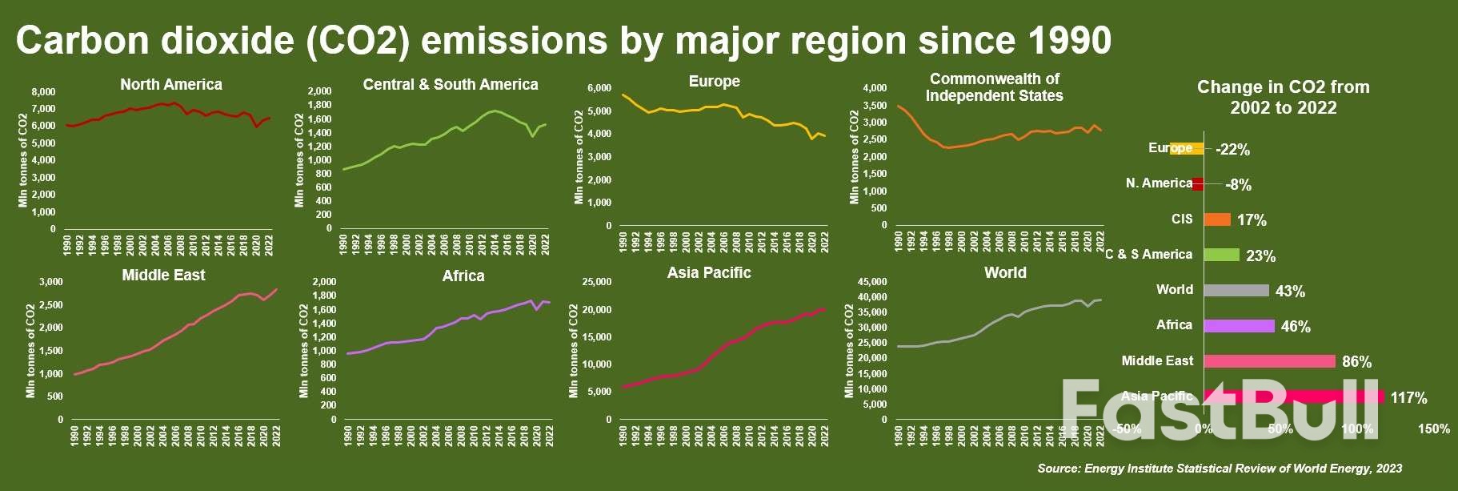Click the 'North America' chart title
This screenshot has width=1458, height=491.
coord(171,85)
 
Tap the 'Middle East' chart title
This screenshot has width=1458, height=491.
coord(163,276)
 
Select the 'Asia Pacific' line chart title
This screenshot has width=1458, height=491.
coord(709,273)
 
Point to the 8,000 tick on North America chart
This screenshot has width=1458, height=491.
coord(44,92)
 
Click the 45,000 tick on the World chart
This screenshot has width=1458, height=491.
coord(872,282)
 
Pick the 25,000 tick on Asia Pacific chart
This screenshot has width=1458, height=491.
coord(596,282)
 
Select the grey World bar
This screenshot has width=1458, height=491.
coord(1236,291)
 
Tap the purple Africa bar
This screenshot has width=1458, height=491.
coord(1239,326)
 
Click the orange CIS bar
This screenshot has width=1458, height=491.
coord(1217,219)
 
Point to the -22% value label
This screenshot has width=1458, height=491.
coord(1232,150)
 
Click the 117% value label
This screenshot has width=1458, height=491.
coord(1408,398)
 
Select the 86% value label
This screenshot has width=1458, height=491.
coord(1356,362)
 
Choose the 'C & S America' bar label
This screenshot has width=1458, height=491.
coord(1149,255)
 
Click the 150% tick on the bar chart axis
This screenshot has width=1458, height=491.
coord(1433,429)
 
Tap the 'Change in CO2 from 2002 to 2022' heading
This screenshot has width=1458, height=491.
coord(1283,98)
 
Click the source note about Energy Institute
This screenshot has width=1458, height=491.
coord(1220,469)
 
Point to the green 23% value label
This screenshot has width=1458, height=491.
coord(1260,256)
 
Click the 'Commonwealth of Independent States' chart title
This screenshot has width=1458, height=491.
coord(994,87)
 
